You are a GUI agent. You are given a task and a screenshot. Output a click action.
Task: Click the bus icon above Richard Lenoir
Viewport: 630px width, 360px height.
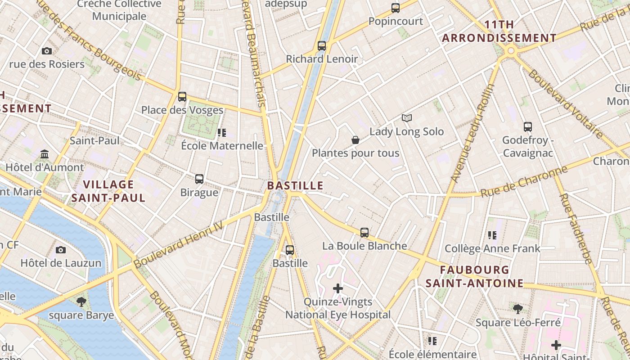point(321,45)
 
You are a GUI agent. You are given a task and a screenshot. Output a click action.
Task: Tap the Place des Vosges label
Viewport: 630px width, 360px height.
point(182,110)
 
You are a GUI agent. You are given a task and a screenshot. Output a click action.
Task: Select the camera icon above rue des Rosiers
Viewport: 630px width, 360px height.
point(47,51)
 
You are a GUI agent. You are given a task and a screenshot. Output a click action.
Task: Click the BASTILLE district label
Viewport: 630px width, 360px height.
point(295,185)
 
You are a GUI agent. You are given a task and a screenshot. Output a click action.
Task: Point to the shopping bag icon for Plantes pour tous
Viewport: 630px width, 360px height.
point(355,140)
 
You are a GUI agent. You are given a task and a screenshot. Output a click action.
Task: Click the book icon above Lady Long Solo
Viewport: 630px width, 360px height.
point(407,118)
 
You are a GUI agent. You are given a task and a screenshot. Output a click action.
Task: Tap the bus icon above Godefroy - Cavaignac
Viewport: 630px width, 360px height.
point(528,127)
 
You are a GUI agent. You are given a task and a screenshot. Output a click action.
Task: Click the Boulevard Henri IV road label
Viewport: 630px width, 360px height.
point(179,245)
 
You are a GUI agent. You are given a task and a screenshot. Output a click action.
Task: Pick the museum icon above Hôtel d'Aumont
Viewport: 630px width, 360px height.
point(45,154)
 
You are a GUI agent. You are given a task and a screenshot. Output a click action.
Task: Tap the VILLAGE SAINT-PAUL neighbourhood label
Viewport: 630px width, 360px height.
point(108,191)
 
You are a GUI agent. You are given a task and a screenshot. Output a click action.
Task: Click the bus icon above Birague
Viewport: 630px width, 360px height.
point(199,179)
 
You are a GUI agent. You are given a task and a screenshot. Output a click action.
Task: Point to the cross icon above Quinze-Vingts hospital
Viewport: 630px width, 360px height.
point(338,288)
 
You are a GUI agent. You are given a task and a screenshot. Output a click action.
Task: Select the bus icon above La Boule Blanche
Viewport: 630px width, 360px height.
point(364,233)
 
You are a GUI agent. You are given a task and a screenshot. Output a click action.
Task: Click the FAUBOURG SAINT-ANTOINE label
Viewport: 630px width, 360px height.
point(475,276)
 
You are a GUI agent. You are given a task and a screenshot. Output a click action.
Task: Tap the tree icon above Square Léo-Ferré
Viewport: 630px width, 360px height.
point(518,309)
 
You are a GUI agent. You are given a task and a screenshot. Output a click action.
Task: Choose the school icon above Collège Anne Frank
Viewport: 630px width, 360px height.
point(492,235)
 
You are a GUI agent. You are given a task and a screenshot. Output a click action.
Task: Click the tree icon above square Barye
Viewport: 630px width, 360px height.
point(81,301)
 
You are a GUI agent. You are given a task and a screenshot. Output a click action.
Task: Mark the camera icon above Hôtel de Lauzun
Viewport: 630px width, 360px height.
point(61,250)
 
